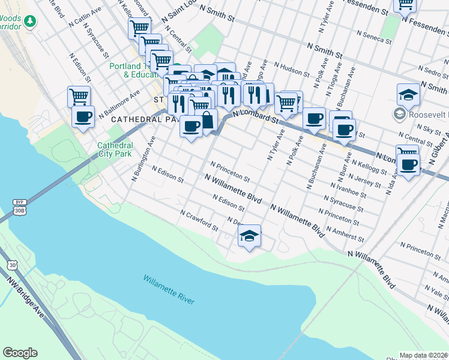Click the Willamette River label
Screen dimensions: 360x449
click(x=169, y=289)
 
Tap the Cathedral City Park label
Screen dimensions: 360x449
click(x=115, y=149)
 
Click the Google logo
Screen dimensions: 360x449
click(x=20, y=353)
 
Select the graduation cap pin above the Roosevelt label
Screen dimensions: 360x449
click(x=408, y=94)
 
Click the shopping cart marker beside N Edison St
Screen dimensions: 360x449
click(x=79, y=96)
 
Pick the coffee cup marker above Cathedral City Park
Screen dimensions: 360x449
click(x=83, y=116)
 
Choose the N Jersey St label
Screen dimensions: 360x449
click(x=366, y=179)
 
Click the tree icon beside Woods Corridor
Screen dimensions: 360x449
click(x=29, y=21)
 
